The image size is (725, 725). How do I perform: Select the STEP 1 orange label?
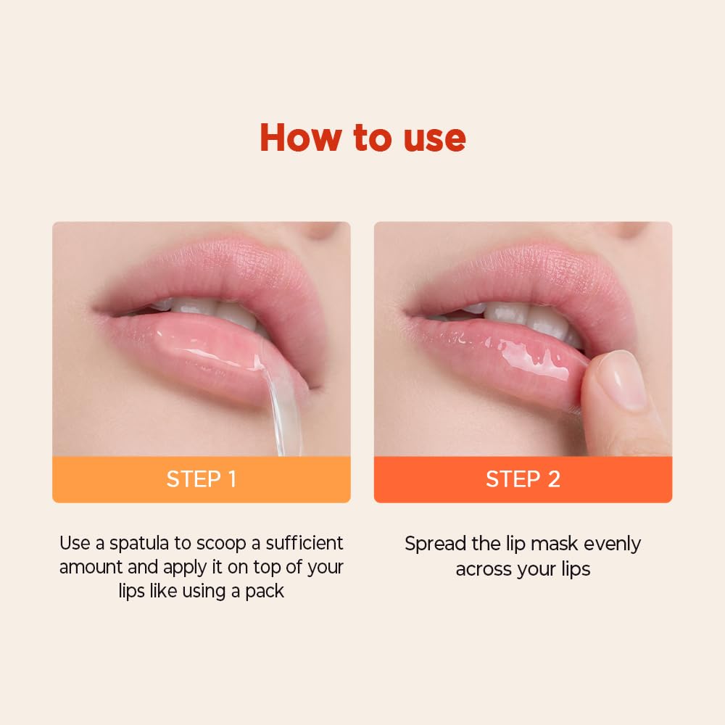click(201, 479)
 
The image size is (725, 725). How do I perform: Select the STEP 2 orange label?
click(523, 479)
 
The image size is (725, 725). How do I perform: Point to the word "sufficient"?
click(304, 543)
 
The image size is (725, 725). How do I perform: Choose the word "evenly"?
click(613, 544)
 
